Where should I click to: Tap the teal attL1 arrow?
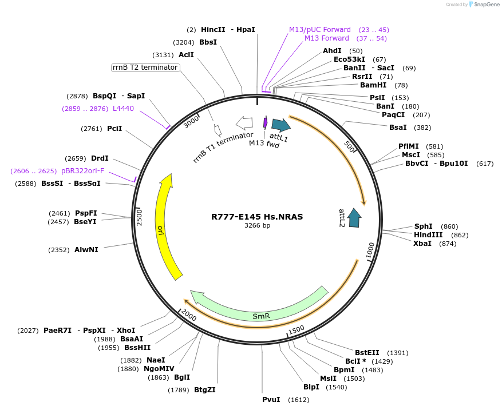(x=280, y=125)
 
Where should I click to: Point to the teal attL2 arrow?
(x=354, y=218)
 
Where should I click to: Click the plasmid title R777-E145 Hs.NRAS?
(x=257, y=217)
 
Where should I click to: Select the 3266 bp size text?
(x=257, y=225)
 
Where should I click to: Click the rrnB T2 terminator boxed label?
(x=145, y=67)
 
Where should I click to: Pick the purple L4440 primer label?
(x=123, y=108)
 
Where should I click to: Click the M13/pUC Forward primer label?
(x=319, y=30)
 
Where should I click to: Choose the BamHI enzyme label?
(x=373, y=85)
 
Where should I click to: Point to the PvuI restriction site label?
(x=271, y=399)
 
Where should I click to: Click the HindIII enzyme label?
(x=428, y=235)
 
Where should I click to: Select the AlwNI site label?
(x=86, y=250)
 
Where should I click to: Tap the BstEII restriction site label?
(x=367, y=353)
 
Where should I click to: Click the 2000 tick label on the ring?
(x=188, y=315)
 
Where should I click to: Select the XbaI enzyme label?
(x=422, y=244)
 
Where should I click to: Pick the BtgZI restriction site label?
(x=204, y=390)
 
